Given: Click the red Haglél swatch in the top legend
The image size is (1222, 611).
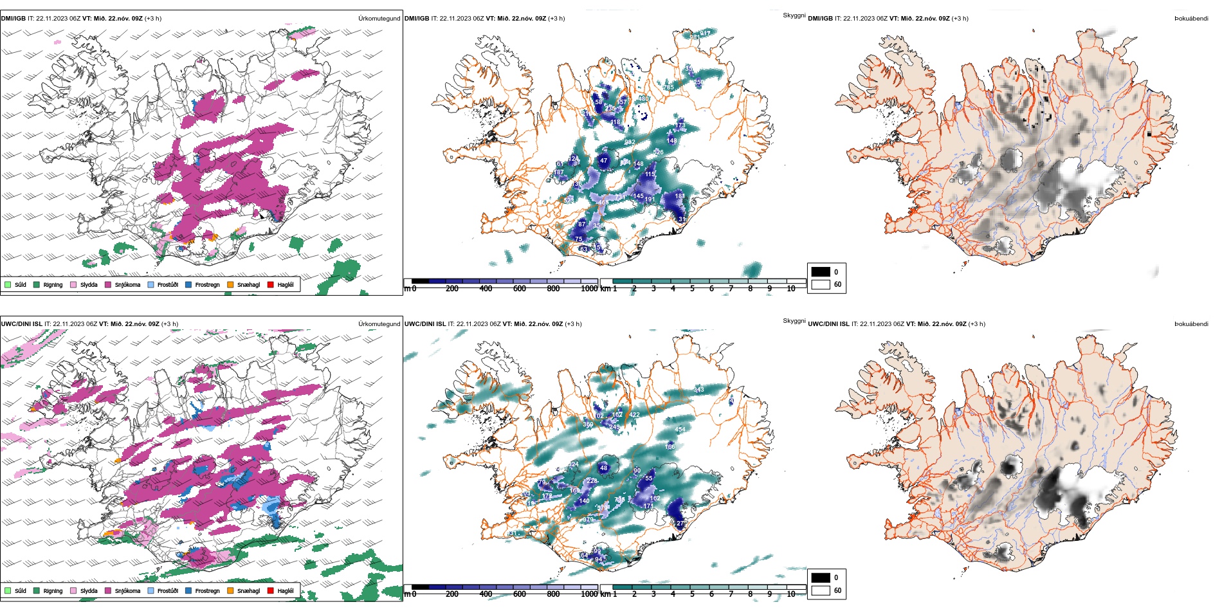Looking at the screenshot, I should (270, 284).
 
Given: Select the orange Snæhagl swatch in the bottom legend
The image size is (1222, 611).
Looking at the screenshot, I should (230, 590).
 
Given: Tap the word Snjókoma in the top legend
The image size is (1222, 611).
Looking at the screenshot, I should (127, 285).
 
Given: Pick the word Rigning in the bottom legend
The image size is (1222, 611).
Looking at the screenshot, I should (53, 591).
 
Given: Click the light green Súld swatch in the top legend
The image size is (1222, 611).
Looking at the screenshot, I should (8, 284).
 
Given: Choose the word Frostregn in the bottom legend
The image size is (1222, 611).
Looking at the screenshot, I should (207, 591).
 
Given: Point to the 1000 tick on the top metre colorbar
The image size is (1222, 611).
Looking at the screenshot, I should (589, 289).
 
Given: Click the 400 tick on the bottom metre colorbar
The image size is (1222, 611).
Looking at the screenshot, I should (486, 594).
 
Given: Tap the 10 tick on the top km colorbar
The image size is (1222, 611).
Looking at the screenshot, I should (791, 289).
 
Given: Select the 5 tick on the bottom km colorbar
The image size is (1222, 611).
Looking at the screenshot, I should (692, 594).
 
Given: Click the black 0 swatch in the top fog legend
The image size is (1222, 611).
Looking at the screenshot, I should (821, 271).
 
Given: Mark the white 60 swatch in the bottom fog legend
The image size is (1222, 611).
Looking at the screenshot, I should (821, 590).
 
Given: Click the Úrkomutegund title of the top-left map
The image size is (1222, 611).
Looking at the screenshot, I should (379, 19).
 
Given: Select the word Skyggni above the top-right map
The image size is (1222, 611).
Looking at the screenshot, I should (794, 15).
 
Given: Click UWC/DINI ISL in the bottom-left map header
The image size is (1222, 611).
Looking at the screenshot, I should (21, 324).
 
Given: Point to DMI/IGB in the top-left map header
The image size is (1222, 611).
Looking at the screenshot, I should (13, 19).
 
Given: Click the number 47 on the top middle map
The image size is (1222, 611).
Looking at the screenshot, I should (603, 161).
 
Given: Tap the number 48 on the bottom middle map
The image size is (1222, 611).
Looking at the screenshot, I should (603, 468).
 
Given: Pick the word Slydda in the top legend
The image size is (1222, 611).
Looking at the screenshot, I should (89, 285).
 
